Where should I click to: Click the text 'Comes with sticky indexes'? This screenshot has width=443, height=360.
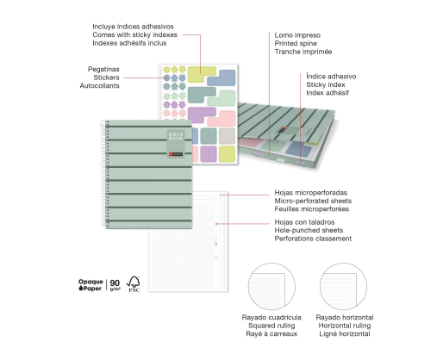[x=134, y=34]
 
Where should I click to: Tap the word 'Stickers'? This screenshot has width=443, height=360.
[x=106, y=78]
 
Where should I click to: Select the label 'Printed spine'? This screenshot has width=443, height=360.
[x=296, y=43]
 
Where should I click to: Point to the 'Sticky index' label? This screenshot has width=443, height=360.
[x=326, y=84]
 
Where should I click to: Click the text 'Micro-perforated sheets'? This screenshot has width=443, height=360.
[x=313, y=201]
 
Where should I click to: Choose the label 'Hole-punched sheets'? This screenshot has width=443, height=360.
[x=309, y=230]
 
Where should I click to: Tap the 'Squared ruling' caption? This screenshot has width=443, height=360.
[x=271, y=326]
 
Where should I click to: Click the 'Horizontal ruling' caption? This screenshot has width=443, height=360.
[x=345, y=326]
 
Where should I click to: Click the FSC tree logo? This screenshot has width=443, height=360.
[x=134, y=284]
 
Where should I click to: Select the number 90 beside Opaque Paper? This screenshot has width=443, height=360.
[x=115, y=283]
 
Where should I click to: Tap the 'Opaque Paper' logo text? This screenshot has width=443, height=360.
[x=90, y=285]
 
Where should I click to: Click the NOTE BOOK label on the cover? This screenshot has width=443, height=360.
[x=176, y=136]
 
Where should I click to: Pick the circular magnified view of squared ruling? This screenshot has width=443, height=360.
[x=271, y=286]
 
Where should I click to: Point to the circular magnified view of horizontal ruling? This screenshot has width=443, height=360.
[x=343, y=286]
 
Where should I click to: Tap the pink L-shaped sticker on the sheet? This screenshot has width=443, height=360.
[x=222, y=118]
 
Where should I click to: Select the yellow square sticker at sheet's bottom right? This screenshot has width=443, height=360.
[x=227, y=154]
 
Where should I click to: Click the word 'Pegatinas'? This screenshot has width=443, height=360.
[x=103, y=69]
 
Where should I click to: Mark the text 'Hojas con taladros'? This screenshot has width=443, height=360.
[x=304, y=222]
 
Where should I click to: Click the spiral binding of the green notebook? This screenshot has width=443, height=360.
[x=103, y=174]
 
